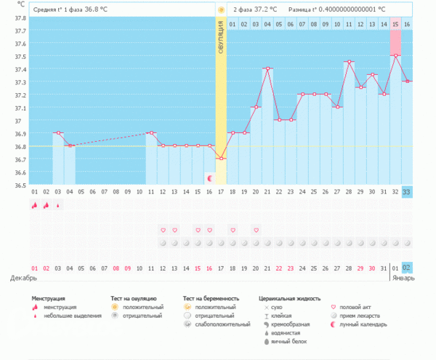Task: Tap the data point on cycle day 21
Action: tap(267, 68)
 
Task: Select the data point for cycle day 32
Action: tap(395, 55)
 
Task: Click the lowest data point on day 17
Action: tap(221, 159)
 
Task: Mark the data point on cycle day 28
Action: tap(349, 62)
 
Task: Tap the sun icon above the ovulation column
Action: tap(221, 10)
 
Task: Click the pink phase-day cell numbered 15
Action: tap(395, 24)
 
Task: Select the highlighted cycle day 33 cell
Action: tap(407, 191)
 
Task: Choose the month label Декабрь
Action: tap(23, 278)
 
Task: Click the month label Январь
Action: tap(403, 278)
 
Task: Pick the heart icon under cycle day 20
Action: tap(256, 230)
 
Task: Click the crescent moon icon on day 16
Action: tap(209, 178)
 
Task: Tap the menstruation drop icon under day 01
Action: tap(34, 206)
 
